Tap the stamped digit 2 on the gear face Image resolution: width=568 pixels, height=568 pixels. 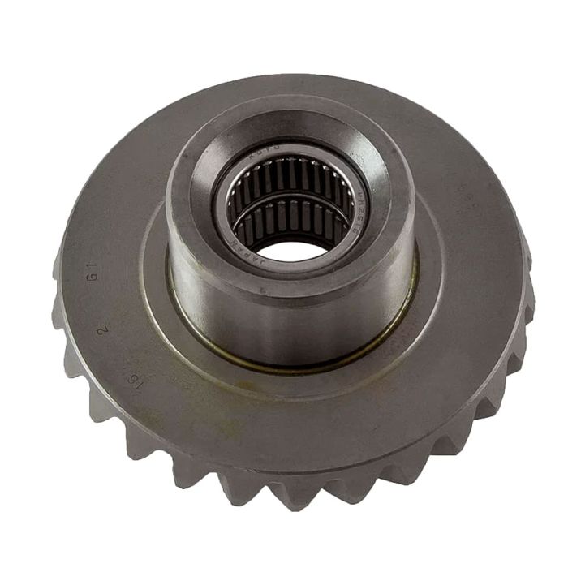point(103,329)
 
